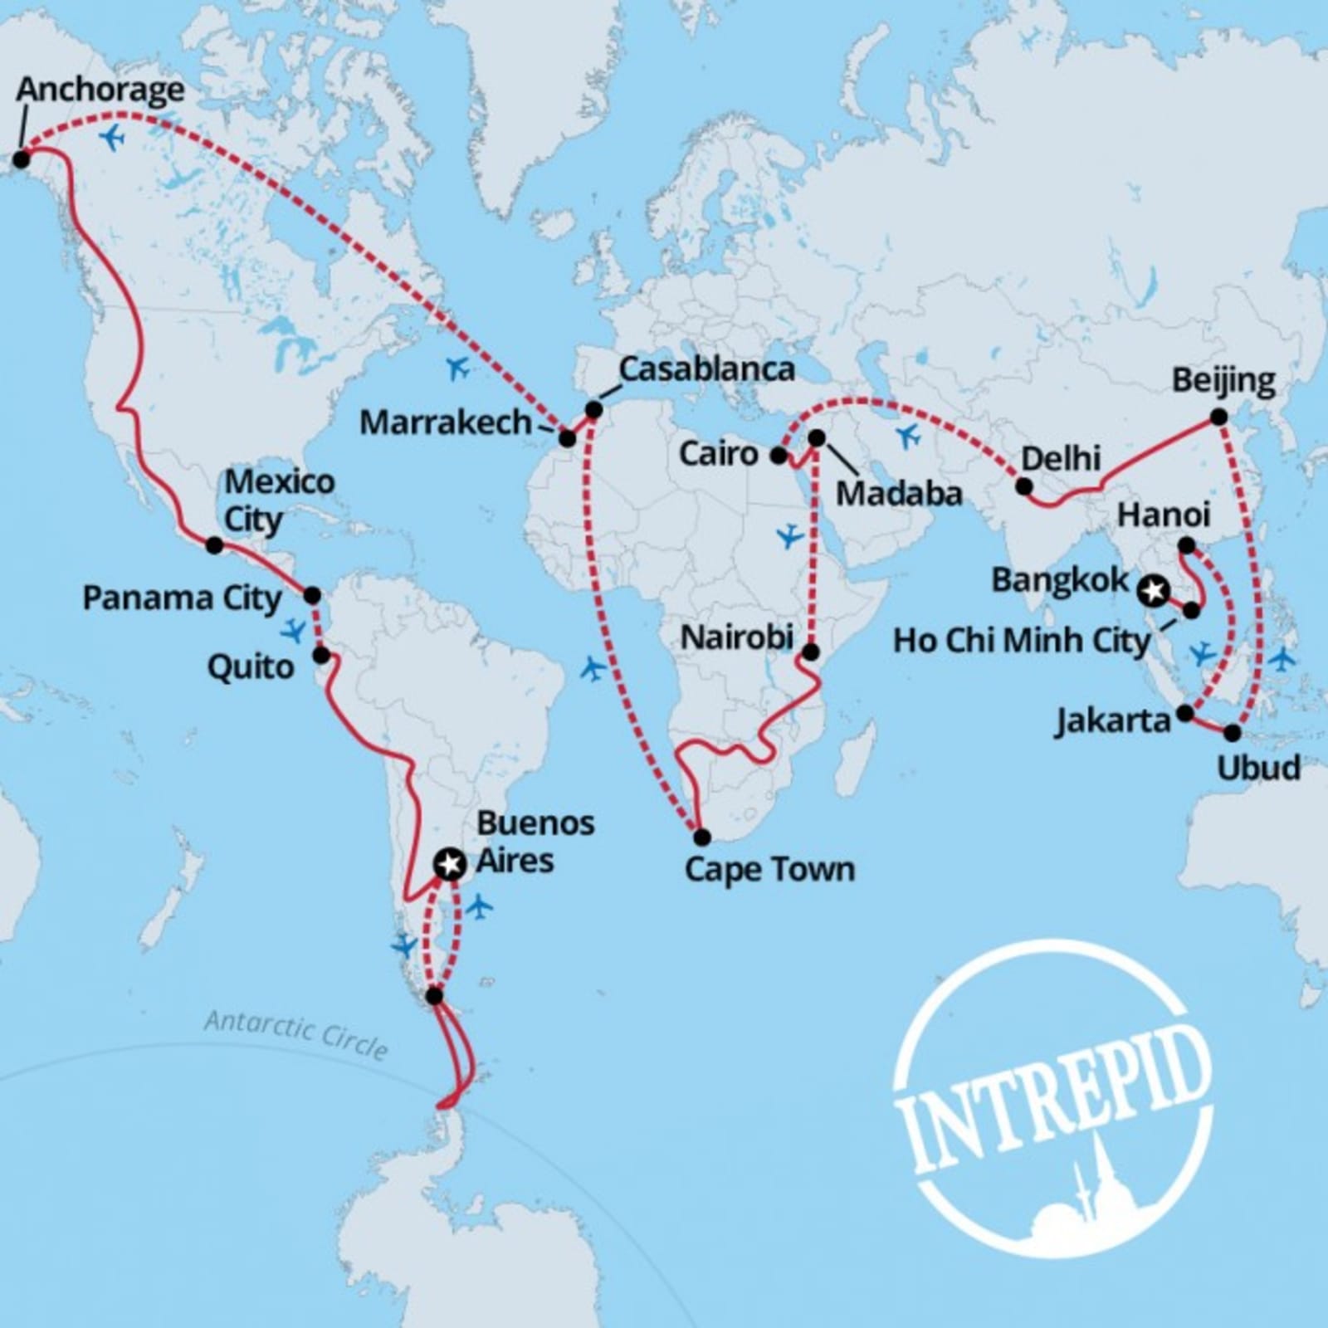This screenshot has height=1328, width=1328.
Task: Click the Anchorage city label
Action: click(x=100, y=90)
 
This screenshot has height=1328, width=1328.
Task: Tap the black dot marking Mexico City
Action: click(x=214, y=545)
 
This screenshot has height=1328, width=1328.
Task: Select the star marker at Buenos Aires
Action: click(x=449, y=864)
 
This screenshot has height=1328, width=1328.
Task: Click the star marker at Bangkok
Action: click(x=1153, y=591)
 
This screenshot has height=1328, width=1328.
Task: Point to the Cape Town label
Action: click(x=769, y=870)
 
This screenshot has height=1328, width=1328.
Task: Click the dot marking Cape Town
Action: click(x=702, y=836)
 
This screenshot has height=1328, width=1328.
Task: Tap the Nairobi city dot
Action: click(x=811, y=652)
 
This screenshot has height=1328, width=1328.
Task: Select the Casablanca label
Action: click(x=706, y=369)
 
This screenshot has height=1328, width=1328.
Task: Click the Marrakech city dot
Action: click(x=567, y=438)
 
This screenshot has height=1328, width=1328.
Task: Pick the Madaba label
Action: click(x=899, y=494)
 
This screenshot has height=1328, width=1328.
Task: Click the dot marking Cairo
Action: click(x=779, y=455)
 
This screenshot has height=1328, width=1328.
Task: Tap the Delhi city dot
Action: click(x=1025, y=486)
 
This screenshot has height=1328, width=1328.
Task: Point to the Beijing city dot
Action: click(x=1218, y=417)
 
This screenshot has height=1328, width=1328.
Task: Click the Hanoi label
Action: click(x=1164, y=515)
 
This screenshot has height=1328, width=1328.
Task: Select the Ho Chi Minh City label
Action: click(x=1022, y=641)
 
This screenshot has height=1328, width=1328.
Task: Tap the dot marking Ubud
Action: click(x=1233, y=733)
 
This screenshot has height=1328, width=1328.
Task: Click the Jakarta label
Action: click(x=1112, y=720)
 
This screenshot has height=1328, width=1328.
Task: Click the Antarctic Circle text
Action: click(x=296, y=1034)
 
